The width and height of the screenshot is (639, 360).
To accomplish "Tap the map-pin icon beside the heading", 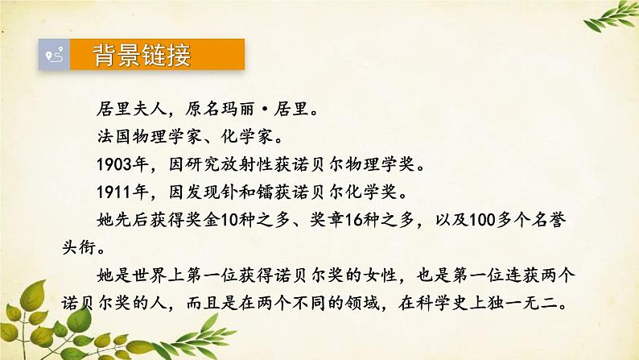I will click(55, 56).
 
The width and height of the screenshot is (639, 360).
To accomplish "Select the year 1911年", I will click(110, 194).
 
